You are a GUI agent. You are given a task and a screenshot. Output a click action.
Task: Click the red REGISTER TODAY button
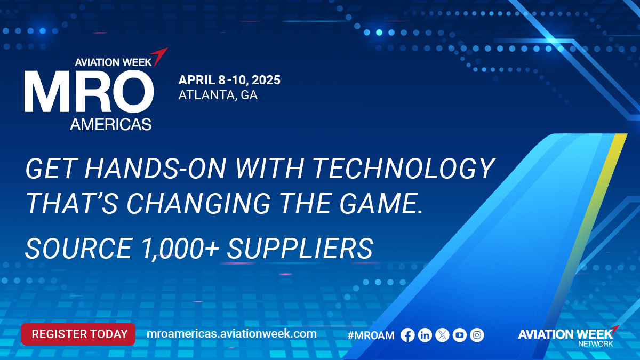[78, 334]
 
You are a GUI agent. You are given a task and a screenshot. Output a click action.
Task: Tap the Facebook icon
[407, 335]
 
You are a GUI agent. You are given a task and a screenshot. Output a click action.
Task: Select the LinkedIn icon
[425, 335]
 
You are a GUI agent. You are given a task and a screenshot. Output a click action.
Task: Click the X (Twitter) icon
[442, 335]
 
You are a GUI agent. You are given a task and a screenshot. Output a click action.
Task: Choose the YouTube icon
[459, 335]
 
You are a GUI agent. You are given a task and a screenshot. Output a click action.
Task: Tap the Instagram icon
[477, 335]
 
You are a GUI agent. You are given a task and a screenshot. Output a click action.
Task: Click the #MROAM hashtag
[371, 335]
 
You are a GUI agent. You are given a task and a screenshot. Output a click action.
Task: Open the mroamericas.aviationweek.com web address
[231, 334]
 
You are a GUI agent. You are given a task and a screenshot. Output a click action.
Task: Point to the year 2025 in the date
[266, 79]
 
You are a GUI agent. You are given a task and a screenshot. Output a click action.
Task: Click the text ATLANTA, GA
[218, 95]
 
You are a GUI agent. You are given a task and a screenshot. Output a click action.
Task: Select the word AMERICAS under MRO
[111, 124]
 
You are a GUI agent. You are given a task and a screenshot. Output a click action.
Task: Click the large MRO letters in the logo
[89, 92]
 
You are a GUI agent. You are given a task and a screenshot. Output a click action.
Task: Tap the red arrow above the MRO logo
[159, 57]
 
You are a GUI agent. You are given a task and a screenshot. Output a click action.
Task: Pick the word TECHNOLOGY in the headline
[404, 169]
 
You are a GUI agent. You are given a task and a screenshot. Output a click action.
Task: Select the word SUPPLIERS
[300, 249]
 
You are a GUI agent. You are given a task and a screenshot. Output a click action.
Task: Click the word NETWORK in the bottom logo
[595, 343]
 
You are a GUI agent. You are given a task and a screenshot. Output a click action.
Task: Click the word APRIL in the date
[197, 79]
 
